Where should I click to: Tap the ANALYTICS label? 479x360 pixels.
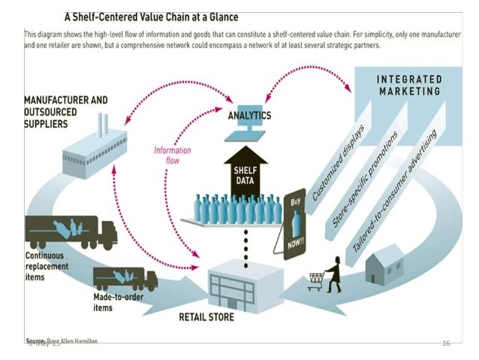pos(249,116)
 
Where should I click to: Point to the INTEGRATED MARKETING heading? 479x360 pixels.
pos(408,84)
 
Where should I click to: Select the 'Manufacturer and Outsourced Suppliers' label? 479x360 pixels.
pos(66,110)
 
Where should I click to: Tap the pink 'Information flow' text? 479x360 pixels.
pos(172,155)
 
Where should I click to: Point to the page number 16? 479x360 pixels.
pos(446,343)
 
